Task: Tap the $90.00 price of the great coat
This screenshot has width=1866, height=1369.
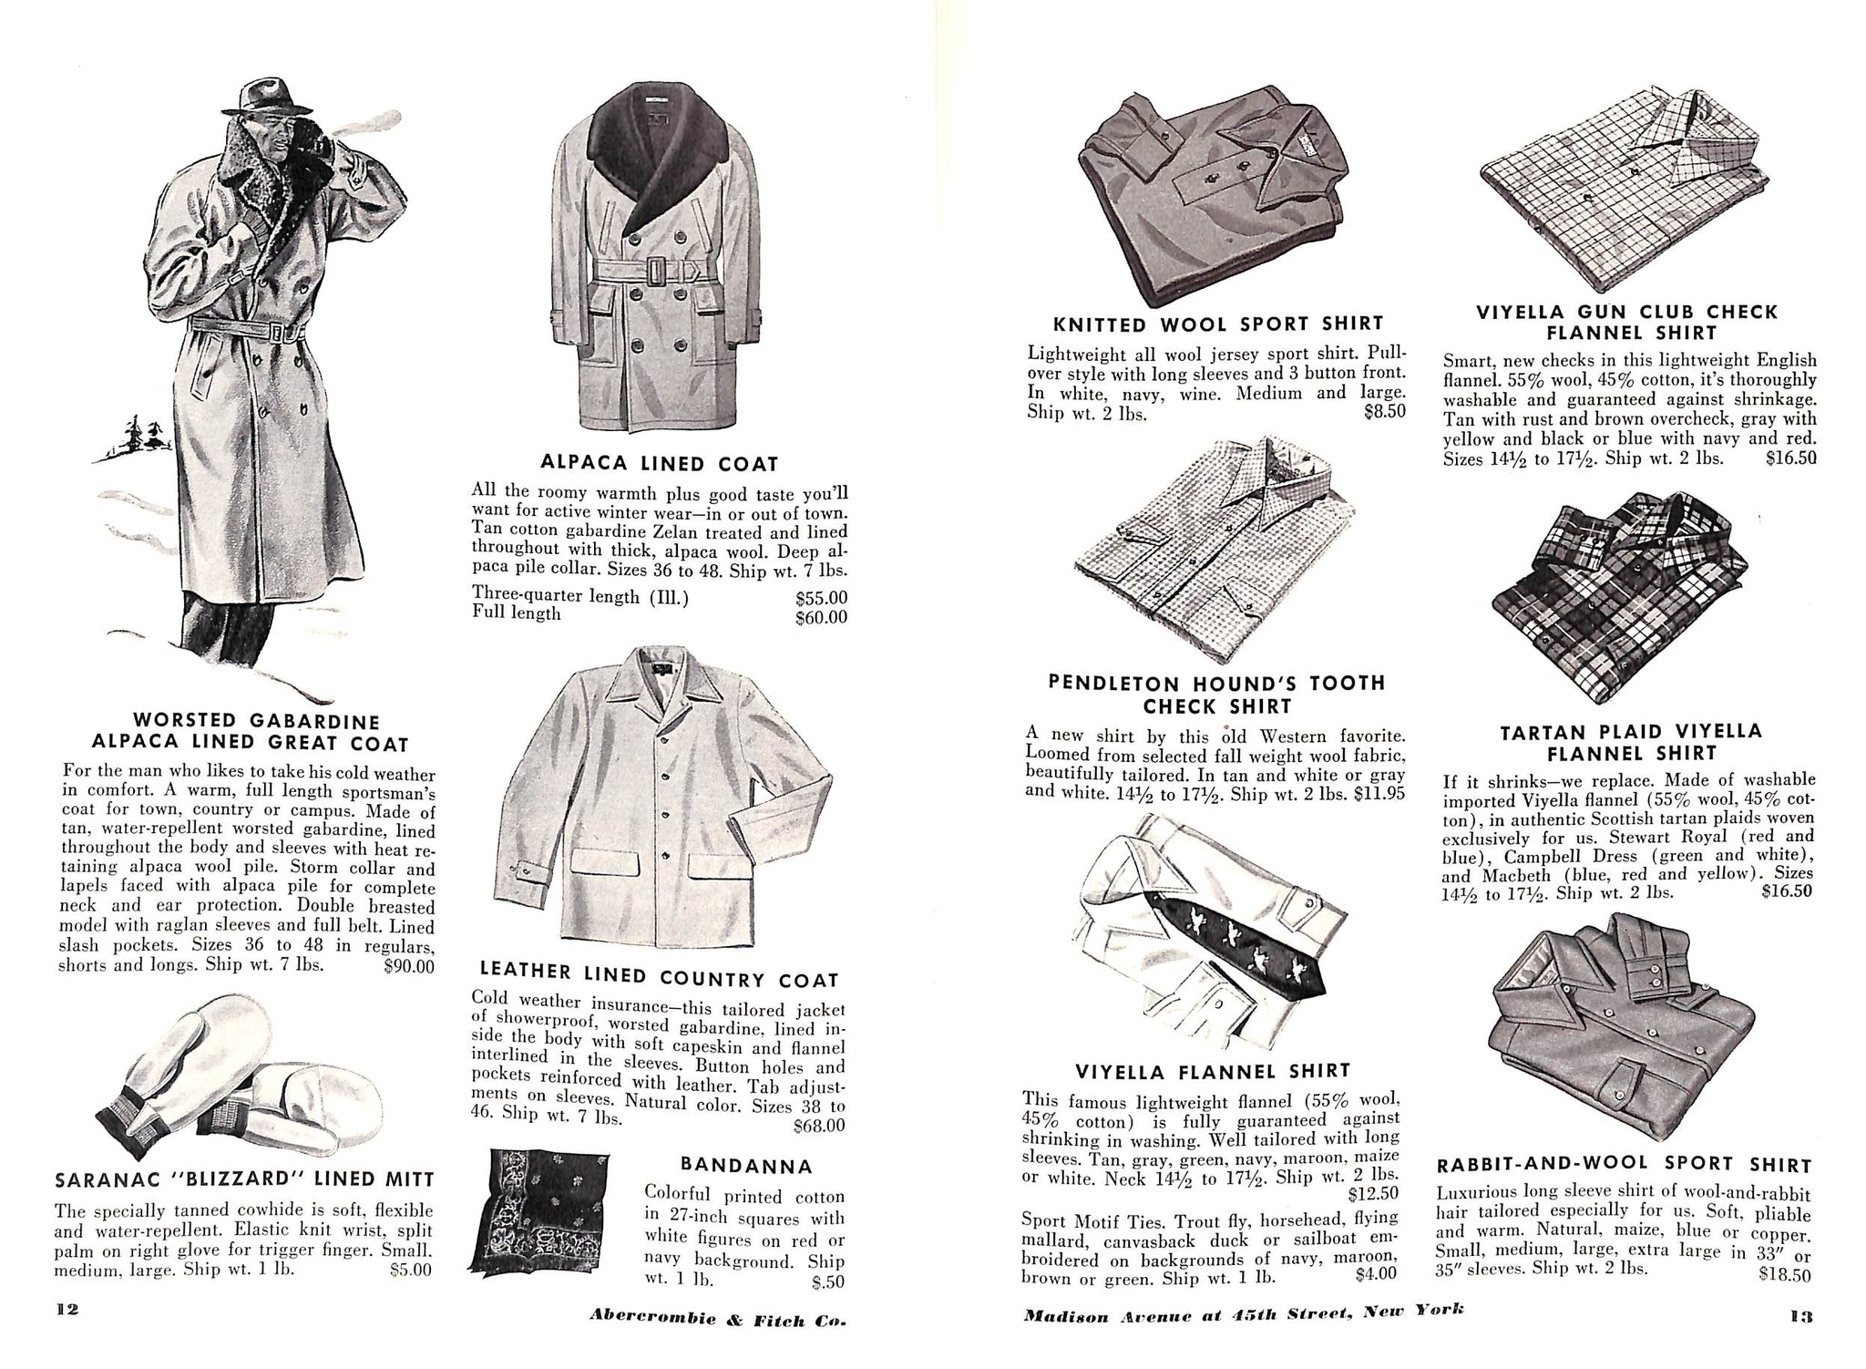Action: pos(409,965)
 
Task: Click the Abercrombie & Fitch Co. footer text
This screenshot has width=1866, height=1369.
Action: pos(717,1316)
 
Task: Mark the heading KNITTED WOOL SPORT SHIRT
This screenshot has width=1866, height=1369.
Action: pos(1218,324)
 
